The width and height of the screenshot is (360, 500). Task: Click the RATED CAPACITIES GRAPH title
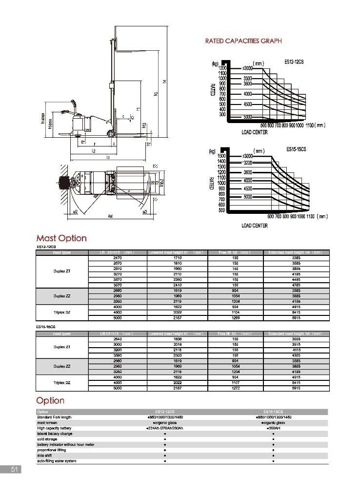tap(243, 42)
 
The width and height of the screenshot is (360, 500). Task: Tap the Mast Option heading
tap(61, 238)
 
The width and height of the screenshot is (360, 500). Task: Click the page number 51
tap(14, 470)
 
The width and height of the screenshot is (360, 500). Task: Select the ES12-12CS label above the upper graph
tap(295, 62)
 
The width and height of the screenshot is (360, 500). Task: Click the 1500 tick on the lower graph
tap(221, 156)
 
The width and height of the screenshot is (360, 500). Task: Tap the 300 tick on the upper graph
tap(222, 114)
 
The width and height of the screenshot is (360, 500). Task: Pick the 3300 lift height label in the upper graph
tap(247, 78)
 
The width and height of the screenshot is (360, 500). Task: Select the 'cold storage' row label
tap(47, 439)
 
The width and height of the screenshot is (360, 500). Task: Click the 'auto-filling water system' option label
tap(57, 461)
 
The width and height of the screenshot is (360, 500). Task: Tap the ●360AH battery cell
tap(273, 428)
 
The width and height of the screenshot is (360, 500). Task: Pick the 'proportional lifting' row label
tap(51, 450)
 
